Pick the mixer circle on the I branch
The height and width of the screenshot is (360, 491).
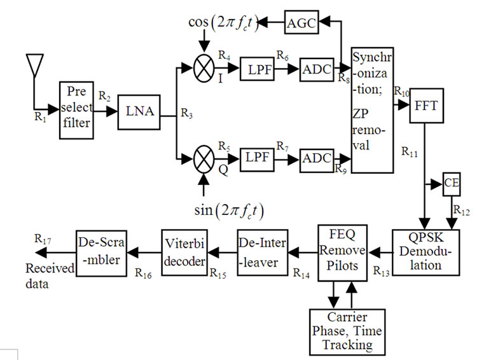pos(204,70)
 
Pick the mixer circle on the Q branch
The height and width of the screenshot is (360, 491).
pos(204,158)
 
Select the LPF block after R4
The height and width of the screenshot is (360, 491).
pos(256,70)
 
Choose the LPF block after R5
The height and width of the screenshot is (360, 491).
pos(256,158)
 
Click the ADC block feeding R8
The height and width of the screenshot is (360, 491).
pos(316,70)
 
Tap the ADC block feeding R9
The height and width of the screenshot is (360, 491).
pos(316,158)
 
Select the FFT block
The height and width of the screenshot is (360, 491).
pos(425,106)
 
